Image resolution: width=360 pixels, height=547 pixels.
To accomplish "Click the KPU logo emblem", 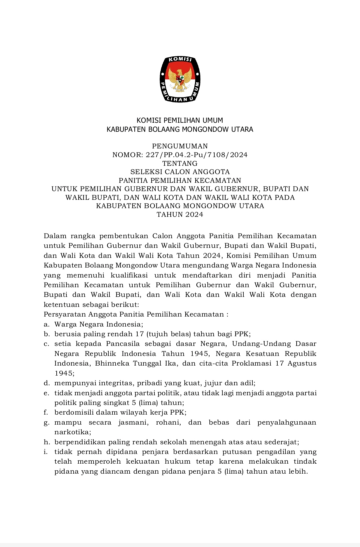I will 180,79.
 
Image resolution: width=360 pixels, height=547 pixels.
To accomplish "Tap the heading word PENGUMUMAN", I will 180,146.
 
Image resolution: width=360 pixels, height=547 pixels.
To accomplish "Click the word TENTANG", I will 180,163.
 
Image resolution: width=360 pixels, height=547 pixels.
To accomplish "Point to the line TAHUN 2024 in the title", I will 180,214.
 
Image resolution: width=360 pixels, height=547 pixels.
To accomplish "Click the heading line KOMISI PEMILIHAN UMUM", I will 180,120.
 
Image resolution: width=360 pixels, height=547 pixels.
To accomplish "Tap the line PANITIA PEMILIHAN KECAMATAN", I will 180,180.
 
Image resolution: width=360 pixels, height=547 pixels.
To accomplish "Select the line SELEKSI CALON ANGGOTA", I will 180,172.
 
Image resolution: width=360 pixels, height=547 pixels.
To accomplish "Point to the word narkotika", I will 67,432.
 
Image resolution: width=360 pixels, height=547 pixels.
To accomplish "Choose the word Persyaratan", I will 65,314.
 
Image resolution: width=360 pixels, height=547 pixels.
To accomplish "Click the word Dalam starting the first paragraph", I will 55,236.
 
